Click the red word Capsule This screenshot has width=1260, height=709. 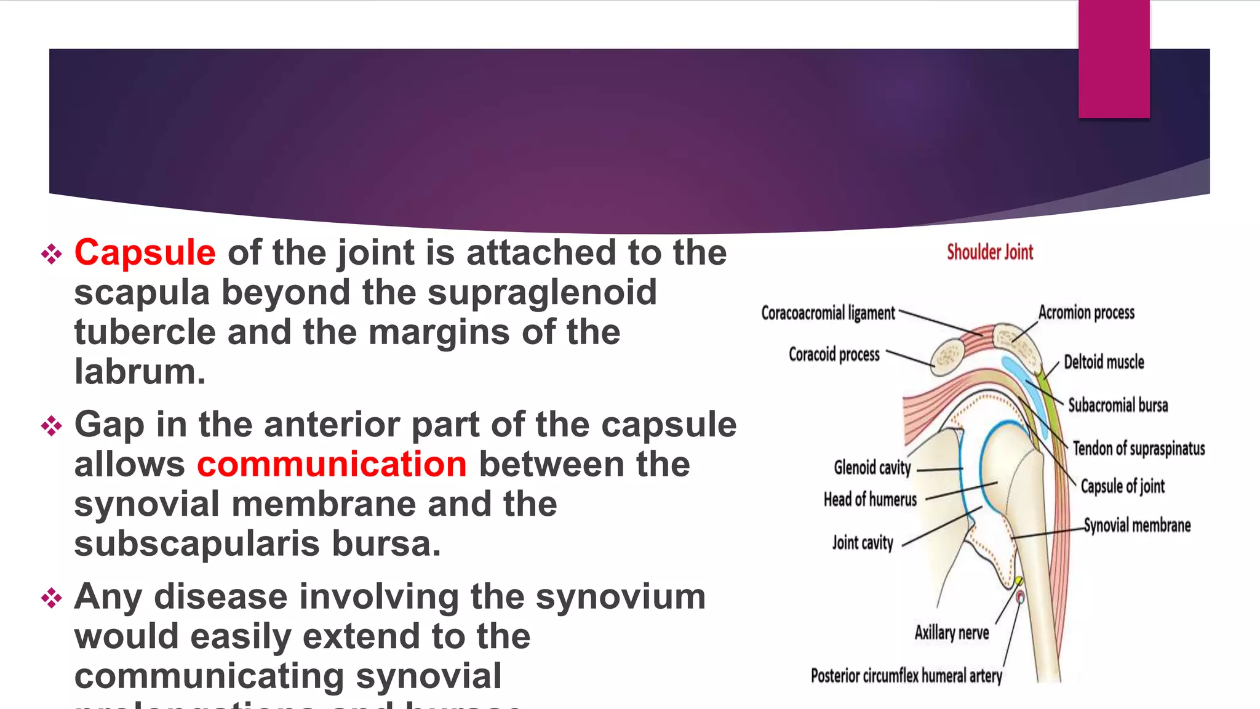(x=145, y=253)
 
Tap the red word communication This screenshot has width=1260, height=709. (x=332, y=465)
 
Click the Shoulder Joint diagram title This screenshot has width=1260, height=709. (x=989, y=252)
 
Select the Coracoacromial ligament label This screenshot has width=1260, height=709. (x=827, y=313)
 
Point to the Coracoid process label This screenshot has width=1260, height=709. (x=834, y=355)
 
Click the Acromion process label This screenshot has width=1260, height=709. (x=1086, y=313)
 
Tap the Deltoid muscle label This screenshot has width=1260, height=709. (x=1104, y=362)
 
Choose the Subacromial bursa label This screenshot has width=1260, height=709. (x=1117, y=406)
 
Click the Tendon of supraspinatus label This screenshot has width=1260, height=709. (x=1138, y=449)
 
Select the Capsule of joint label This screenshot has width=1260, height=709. (x=1122, y=486)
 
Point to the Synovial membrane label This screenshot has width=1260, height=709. (x=1137, y=526)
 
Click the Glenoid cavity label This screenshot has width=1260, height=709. (x=872, y=468)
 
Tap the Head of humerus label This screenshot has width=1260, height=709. (x=870, y=499)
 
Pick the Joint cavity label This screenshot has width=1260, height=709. (x=862, y=543)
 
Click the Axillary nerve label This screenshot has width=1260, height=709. (x=951, y=633)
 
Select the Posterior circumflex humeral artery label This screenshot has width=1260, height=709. (x=906, y=676)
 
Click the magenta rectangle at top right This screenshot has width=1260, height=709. (x=1114, y=59)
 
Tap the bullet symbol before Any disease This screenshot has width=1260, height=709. (x=52, y=598)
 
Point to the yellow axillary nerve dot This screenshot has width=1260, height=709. (x=1018, y=581)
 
